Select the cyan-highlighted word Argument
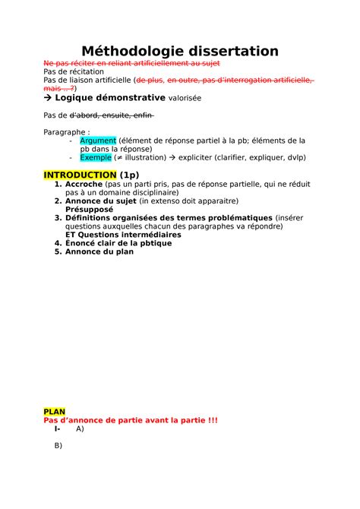coord(98,141)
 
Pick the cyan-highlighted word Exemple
coord(96,158)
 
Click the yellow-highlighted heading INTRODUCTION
coord(75,175)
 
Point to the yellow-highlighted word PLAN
coord(55,411)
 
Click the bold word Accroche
coord(87,185)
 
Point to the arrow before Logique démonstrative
coord(49,98)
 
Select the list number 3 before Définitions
coord(58,218)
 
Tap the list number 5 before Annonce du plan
coord(58,251)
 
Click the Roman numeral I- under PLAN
coord(58,428)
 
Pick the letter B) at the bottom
coord(58,445)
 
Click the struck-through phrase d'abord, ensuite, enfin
coord(112,115)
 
